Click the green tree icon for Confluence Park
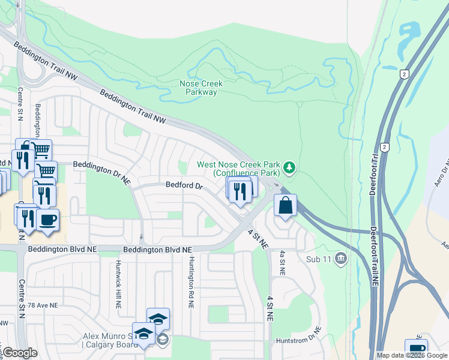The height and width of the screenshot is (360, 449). [x=290, y=167]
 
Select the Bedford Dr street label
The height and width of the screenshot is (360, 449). [x=184, y=186]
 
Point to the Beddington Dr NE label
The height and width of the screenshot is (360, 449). [x=101, y=164]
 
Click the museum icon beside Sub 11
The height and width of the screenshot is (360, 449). [x=341, y=259]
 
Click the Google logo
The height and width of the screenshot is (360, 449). [x=20, y=353]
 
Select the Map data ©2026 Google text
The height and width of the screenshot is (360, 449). [x=412, y=355]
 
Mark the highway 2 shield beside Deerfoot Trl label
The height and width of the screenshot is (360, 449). [x=384, y=146]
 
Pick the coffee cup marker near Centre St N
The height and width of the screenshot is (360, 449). [x=47, y=218]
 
